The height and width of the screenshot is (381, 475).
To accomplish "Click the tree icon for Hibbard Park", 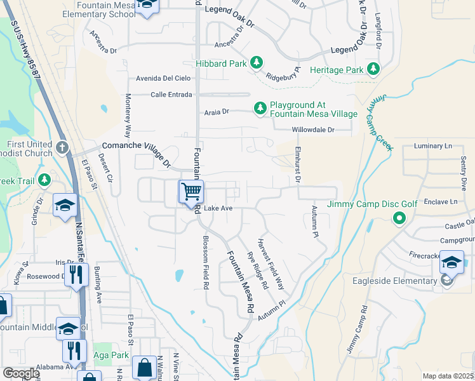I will point(256,62).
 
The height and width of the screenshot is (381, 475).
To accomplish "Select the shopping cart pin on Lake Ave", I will point(191,191).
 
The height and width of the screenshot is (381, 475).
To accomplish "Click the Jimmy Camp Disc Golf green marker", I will point(399,219).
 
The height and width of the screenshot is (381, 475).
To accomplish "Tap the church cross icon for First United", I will point(62,148).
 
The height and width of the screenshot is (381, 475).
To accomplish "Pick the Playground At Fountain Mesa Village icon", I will point(260,109).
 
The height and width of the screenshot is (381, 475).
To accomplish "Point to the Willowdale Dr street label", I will point(312,130).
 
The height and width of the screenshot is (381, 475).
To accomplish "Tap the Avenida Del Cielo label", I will point(163,79).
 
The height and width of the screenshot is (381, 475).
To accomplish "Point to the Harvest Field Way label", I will point(270,264).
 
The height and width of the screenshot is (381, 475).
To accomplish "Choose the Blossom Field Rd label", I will point(205,264).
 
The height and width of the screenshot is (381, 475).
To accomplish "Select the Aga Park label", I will point(110,355).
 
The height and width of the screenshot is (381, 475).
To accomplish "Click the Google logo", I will point(21,373).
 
